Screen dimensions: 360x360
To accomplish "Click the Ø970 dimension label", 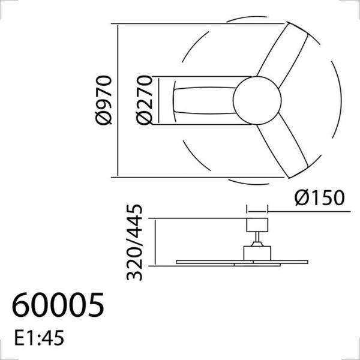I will pos(103,100).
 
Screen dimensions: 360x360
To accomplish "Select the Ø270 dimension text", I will pos(143,100).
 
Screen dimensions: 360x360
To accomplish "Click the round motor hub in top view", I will pos(257,100).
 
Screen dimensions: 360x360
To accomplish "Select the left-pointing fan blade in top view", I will pos(204,100).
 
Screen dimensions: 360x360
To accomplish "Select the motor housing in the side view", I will pos(257,253).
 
